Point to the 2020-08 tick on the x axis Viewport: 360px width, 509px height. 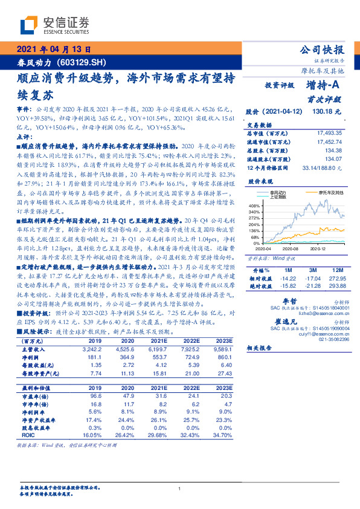291,248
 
